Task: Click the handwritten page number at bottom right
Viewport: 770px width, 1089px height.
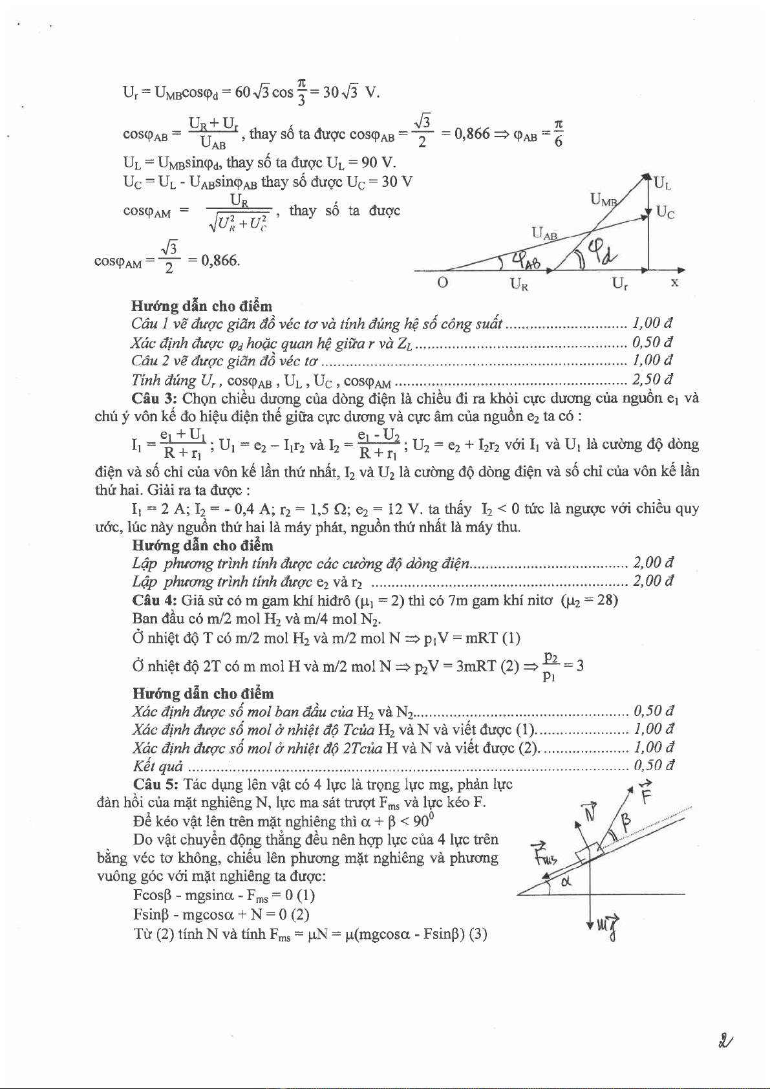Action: pos(725,1040)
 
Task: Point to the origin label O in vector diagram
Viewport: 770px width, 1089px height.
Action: pos(442,283)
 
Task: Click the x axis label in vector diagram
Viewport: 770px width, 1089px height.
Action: pos(674,283)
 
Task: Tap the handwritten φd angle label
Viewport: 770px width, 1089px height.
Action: pos(601,251)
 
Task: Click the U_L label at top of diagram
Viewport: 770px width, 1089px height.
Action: pos(663,184)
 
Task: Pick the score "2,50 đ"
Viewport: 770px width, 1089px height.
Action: pos(653,379)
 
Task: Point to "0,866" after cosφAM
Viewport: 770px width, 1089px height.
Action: pos(220,261)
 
